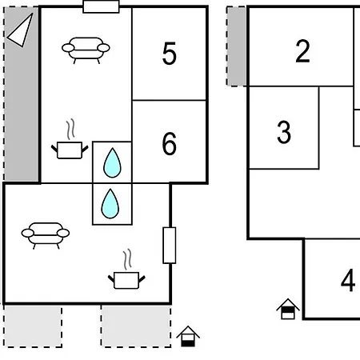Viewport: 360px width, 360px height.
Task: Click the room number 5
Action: [169, 54]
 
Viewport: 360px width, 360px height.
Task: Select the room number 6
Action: [169, 144]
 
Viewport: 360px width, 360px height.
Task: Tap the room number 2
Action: [302, 51]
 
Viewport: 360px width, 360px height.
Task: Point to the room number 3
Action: [284, 132]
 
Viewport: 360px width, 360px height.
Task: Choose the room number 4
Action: [348, 280]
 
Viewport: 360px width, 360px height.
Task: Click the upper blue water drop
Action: [112, 162]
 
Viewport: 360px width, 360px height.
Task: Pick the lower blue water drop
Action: [110, 204]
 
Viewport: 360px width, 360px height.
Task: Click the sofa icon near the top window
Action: [86, 50]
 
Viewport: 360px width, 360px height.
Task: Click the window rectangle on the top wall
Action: [101, 6]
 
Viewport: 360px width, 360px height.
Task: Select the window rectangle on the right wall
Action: [170, 246]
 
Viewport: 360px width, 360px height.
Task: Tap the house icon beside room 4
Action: [288, 309]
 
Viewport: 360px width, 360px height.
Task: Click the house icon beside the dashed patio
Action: [188, 336]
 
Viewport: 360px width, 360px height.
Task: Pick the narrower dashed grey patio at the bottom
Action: [33, 326]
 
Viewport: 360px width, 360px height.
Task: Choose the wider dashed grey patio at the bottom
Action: [136, 326]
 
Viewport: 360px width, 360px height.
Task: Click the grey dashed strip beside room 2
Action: [236, 46]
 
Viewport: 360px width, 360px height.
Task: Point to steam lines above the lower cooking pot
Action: [127, 259]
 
